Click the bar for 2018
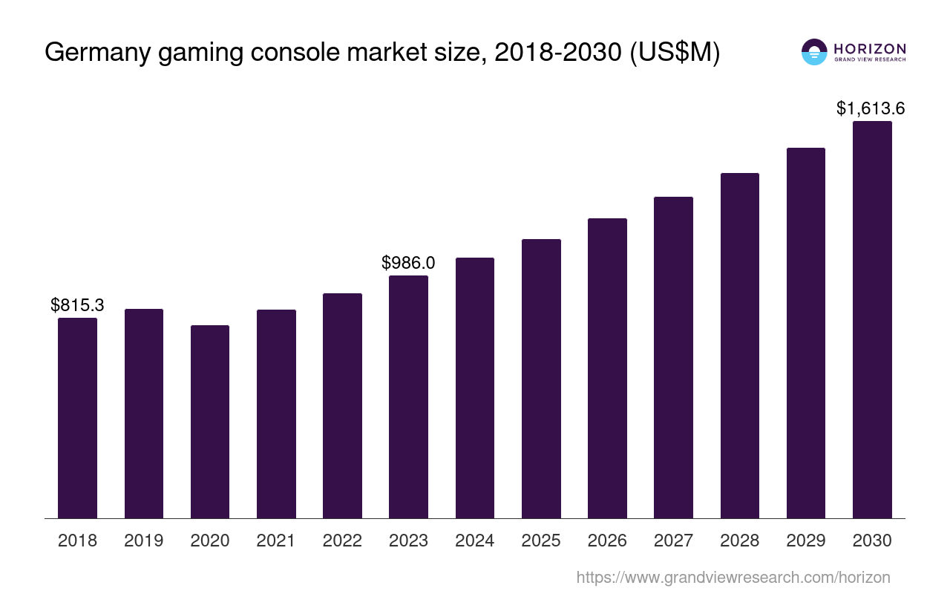pos(77,418)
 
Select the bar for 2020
pos(210,422)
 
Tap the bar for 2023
pos(408,396)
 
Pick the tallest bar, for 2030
pos(872,319)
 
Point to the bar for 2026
pos(607,368)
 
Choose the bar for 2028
pos(740,345)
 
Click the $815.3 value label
pos(77,304)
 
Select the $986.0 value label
pos(408,263)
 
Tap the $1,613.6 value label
pos(871,108)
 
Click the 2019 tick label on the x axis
pos(144,541)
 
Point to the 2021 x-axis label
pos(276,541)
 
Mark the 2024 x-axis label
pos(475,541)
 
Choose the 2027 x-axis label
pos(673,541)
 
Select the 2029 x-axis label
pos(806,541)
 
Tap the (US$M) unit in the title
pos(675,53)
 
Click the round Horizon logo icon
pos(814,52)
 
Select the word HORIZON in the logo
pos(870,48)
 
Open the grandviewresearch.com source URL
pos(733,577)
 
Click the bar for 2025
pos(541,379)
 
